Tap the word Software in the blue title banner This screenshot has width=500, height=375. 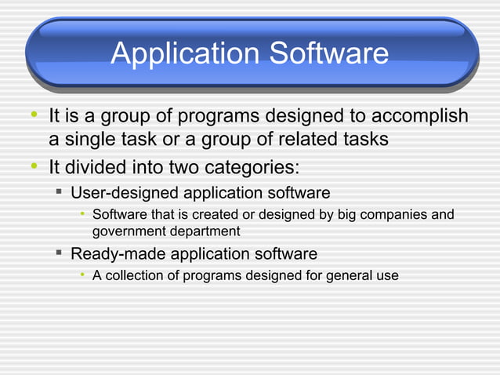point(329,53)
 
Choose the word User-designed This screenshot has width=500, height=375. point(125,192)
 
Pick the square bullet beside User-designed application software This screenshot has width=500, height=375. point(59,192)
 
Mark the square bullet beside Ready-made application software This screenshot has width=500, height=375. point(59,253)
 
